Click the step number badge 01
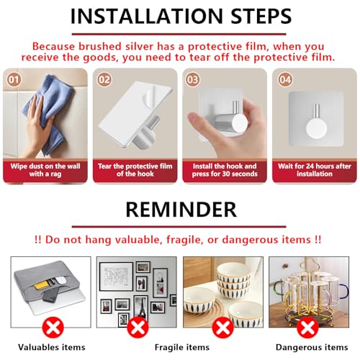14,78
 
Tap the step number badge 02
104,78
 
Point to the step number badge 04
284,78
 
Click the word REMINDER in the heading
180,210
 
